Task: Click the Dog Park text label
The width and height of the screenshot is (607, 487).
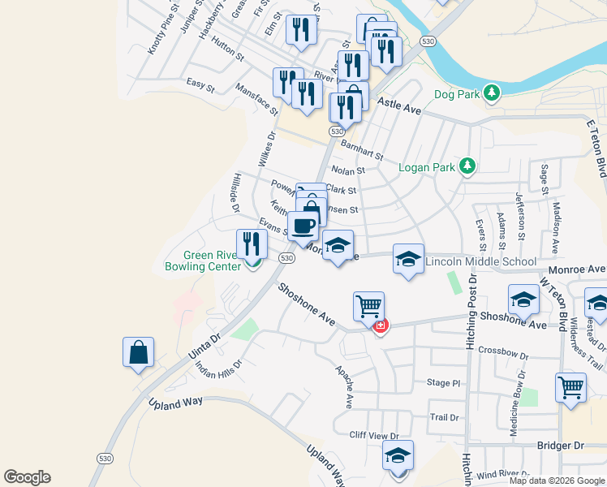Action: (457, 94)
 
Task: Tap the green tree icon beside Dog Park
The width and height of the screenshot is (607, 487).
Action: (491, 94)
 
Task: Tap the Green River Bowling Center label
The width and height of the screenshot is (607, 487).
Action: (202, 260)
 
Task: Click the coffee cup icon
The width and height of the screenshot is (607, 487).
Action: (303, 226)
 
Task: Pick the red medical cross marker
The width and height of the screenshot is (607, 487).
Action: (379, 325)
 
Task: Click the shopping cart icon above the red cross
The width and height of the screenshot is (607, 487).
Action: (368, 307)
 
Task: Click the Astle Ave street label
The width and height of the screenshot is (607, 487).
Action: (399, 106)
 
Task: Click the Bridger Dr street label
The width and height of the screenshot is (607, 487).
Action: (561, 446)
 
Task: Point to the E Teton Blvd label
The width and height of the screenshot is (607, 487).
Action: (596, 146)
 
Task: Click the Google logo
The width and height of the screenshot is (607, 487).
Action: (27, 476)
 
